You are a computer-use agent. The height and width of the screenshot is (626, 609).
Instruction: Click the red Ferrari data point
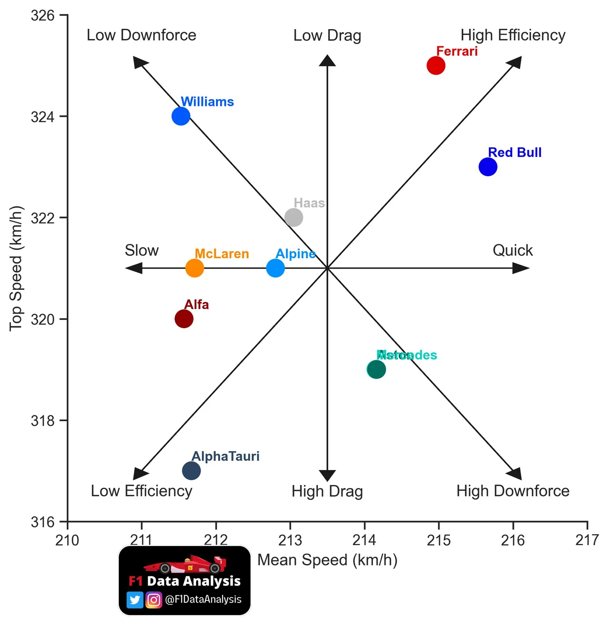coord(436,65)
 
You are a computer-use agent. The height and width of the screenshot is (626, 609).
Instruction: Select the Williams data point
coord(181,116)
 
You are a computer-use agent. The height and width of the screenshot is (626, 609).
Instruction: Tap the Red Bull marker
coord(488,167)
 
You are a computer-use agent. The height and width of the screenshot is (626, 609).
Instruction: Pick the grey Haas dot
coord(294,217)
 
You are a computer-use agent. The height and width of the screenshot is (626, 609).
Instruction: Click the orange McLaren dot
coord(194,268)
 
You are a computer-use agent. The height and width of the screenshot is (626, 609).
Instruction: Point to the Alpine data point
coord(275,268)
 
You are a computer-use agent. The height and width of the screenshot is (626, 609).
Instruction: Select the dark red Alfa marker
coord(184,319)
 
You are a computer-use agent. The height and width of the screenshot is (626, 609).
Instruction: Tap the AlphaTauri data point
coord(191,471)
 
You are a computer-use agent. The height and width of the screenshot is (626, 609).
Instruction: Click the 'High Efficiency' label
coord(513,35)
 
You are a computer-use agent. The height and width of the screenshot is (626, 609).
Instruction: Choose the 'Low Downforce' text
coord(141,35)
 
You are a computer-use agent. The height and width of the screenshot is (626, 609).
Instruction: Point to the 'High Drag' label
coord(327,491)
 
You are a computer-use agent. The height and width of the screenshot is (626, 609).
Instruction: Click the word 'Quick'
coord(513,250)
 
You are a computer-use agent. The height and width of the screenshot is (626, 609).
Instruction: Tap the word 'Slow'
coord(141,250)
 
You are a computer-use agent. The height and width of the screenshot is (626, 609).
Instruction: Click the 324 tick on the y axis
coord(43,117)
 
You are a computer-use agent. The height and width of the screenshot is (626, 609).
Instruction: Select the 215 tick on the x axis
coord(439,541)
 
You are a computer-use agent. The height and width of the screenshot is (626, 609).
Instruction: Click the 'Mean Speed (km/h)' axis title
coord(327,560)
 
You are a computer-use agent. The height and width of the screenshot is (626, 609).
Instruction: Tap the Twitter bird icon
coord(135,600)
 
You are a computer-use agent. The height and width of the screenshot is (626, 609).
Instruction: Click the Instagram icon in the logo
coord(154,600)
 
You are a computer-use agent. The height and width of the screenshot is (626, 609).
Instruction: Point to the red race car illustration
coord(185,564)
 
